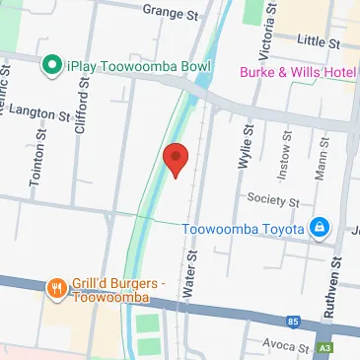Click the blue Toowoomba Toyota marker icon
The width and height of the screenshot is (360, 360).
pos(319,229)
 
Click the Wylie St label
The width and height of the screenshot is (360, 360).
pos(241,147)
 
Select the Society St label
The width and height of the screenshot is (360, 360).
pos(273,199)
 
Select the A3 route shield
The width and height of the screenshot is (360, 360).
pos(324,350)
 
